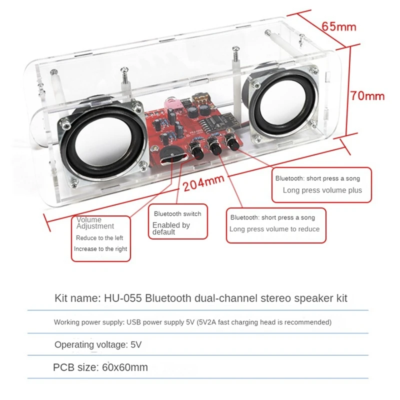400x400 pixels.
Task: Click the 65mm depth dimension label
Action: click(x=339, y=26)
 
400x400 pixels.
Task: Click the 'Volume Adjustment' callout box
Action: click(x=100, y=238)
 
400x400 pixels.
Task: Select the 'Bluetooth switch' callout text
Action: click(x=177, y=213)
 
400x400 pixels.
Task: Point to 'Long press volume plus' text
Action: click(x=322, y=190)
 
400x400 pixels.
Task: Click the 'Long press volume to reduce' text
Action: click(x=274, y=229)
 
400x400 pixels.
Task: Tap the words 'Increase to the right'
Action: click(x=100, y=248)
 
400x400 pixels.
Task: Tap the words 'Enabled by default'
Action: click(x=171, y=228)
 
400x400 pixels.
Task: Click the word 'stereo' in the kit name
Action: click(x=268, y=298)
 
